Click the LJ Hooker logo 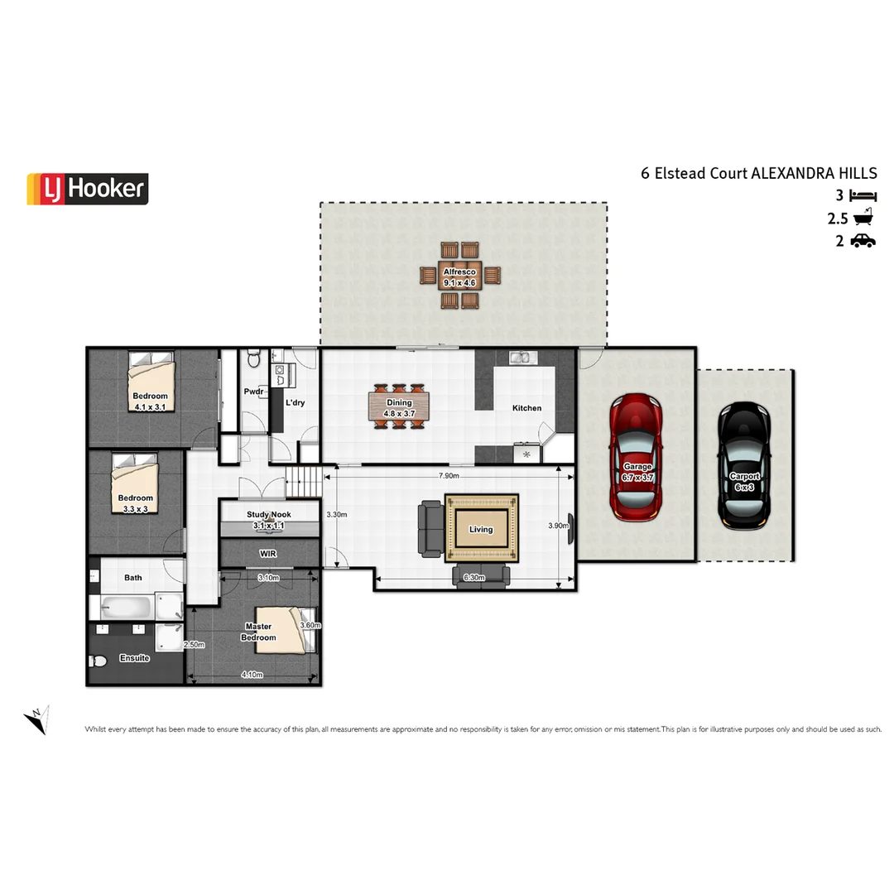[x=88, y=189]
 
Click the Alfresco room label [x=459, y=272]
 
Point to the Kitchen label [x=526, y=408]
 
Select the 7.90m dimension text [x=448, y=476]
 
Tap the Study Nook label [x=268, y=515]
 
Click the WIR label [x=267, y=552]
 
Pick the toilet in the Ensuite [x=98, y=661]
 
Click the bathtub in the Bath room [x=127, y=608]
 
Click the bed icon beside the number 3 [x=863, y=196]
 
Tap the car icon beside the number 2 [x=863, y=241]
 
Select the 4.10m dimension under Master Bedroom [x=252, y=675]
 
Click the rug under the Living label [x=481, y=528]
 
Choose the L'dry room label [x=295, y=403]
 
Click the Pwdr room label [x=253, y=392]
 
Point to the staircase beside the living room [x=303, y=478]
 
